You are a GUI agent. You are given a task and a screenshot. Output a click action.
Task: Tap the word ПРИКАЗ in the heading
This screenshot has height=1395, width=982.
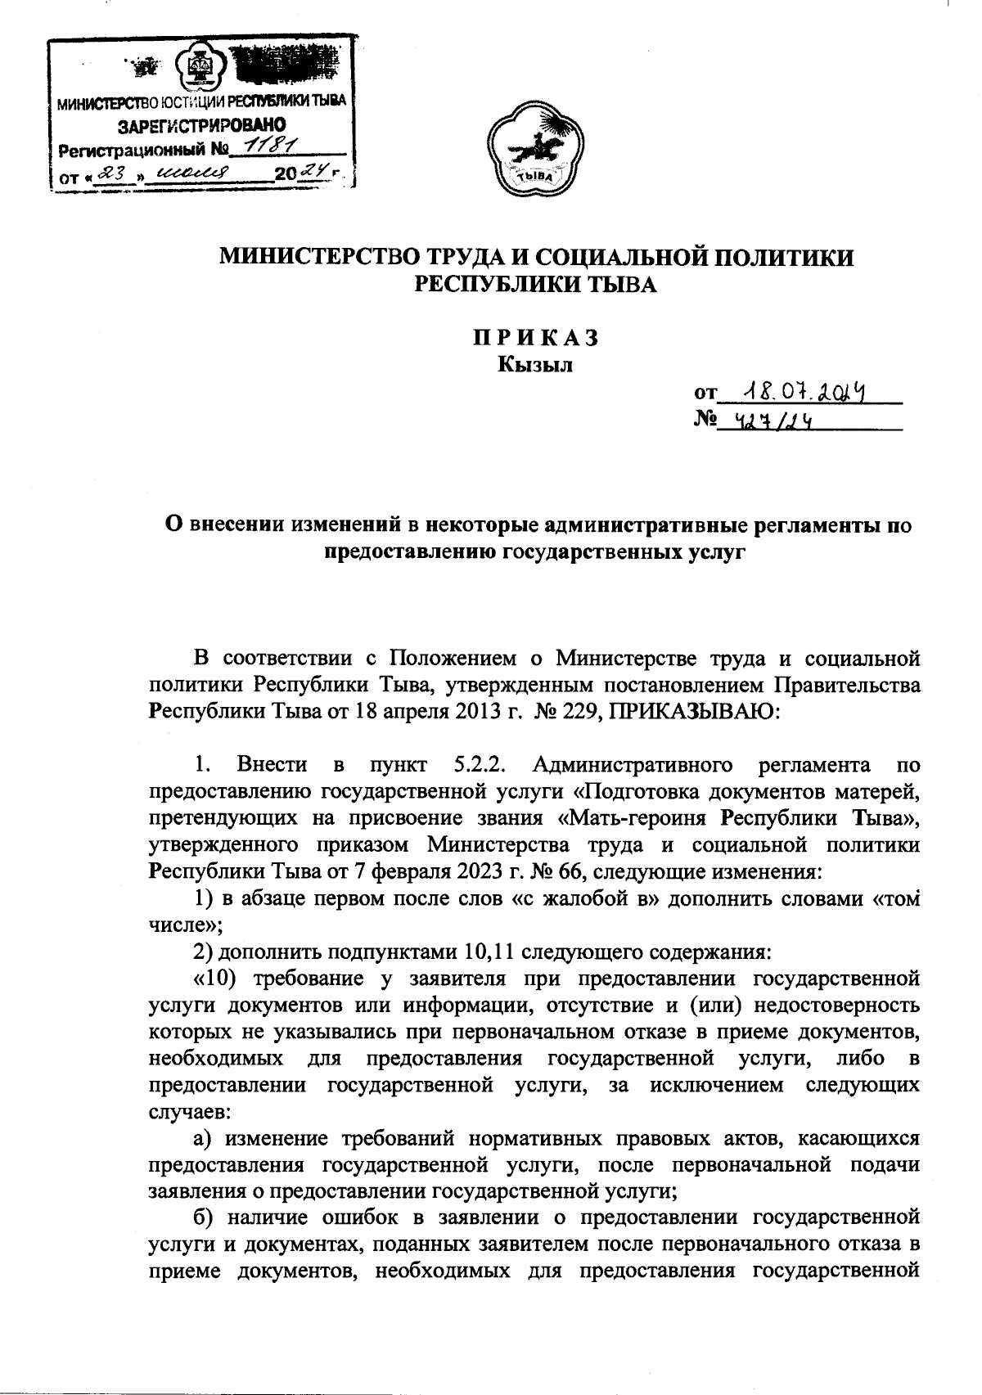click(x=537, y=338)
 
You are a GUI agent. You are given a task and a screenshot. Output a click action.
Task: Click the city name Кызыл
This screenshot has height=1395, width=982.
click(x=536, y=365)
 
